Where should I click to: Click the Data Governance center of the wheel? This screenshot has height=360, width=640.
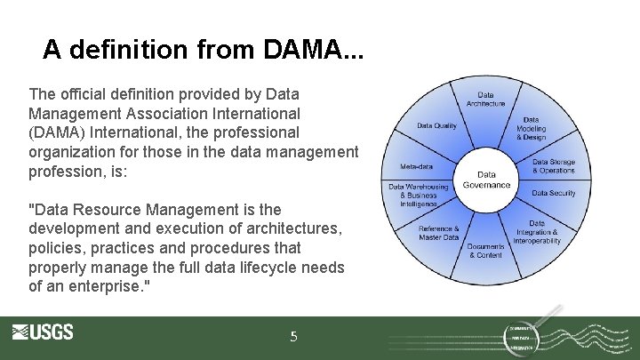(x=486, y=180)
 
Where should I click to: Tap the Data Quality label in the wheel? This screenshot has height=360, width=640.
(x=436, y=125)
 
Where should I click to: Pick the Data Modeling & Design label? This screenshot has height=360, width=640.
(x=532, y=129)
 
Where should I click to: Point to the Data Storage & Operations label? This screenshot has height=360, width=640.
(x=554, y=166)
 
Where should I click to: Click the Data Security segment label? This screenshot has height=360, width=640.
(x=554, y=193)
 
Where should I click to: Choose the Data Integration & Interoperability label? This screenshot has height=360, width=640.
(x=537, y=232)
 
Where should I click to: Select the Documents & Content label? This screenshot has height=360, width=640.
(x=486, y=251)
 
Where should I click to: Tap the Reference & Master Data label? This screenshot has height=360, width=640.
(x=439, y=233)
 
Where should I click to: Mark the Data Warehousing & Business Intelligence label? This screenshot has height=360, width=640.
(x=419, y=195)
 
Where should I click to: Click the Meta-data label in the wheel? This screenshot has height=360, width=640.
(x=416, y=166)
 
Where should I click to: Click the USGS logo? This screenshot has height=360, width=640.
(x=43, y=332)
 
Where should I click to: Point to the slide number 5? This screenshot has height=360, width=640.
(x=294, y=337)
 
